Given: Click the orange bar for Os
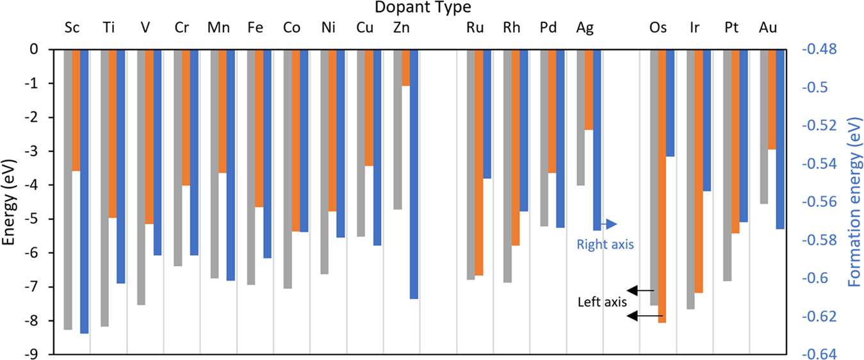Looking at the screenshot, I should pos(662,186).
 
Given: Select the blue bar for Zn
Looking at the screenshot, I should pos(414,174).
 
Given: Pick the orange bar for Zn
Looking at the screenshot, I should pos(405,67).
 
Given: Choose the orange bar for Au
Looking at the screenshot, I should pos(772,99).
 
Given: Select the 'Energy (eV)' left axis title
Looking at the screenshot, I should pos(9,202).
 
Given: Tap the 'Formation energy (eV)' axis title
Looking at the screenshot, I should pos(854,202).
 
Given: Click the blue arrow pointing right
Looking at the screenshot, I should pos(609,224).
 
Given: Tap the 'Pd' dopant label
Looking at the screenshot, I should pos(548,28).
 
